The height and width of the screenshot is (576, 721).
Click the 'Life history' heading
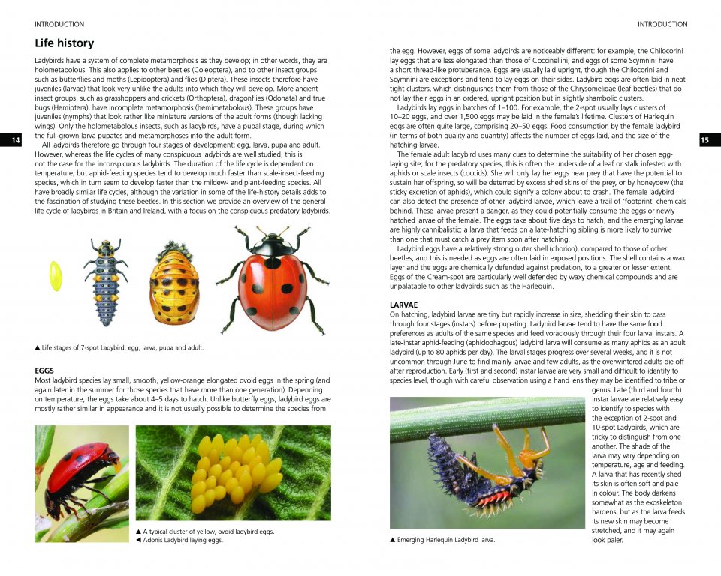pos(64,43)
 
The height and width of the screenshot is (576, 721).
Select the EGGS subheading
pos(44,370)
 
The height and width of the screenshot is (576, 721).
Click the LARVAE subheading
pos(404,304)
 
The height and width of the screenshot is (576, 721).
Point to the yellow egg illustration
pos(56,276)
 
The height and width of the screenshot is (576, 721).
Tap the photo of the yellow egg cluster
pos(233,472)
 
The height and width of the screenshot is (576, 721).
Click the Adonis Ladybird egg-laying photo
pos(82,483)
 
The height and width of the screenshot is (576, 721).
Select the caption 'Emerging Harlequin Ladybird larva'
pos(442,540)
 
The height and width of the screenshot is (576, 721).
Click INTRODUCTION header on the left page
pos(59,24)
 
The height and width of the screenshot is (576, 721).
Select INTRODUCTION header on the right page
pos(662,24)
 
